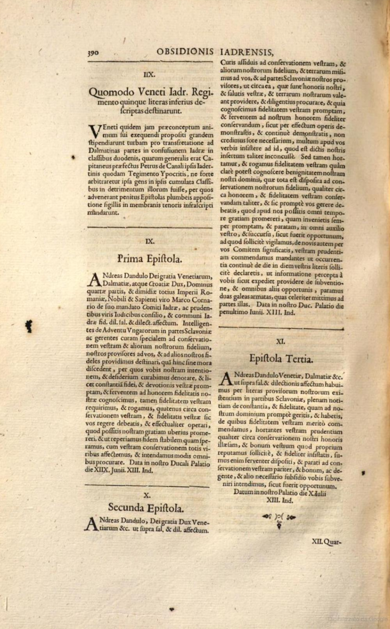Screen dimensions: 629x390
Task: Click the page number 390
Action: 93,53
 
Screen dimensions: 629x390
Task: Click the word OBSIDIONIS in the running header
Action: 185,51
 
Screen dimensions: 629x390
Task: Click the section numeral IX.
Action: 150,241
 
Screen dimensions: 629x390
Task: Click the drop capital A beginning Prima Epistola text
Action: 94,280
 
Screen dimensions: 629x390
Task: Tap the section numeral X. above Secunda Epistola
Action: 147,495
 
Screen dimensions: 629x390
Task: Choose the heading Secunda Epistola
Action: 146,507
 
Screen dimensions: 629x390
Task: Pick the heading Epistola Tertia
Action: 281,359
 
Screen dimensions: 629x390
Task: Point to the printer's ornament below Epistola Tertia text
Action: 279,519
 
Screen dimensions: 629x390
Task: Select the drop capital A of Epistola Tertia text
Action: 227,379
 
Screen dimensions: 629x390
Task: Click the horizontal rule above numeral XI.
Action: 281,328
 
